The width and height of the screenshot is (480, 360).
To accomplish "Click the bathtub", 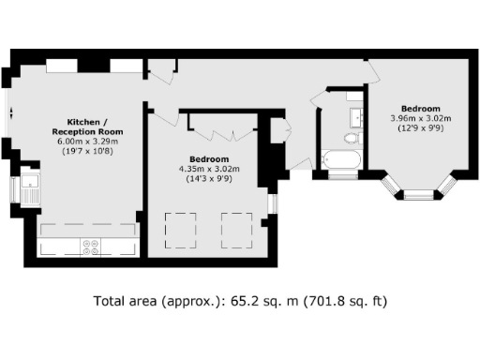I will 339,161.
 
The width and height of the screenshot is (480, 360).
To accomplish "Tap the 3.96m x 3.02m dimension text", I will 421,118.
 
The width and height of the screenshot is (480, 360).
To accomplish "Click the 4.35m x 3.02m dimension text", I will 209,169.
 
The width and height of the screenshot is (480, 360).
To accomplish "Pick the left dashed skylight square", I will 180,227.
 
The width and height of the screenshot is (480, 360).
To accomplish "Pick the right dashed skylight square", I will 236,227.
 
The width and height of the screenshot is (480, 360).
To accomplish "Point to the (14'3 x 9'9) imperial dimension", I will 209,178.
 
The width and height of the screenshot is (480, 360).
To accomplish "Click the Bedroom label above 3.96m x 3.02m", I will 421,108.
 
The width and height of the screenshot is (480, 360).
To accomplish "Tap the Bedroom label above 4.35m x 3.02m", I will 209,159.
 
